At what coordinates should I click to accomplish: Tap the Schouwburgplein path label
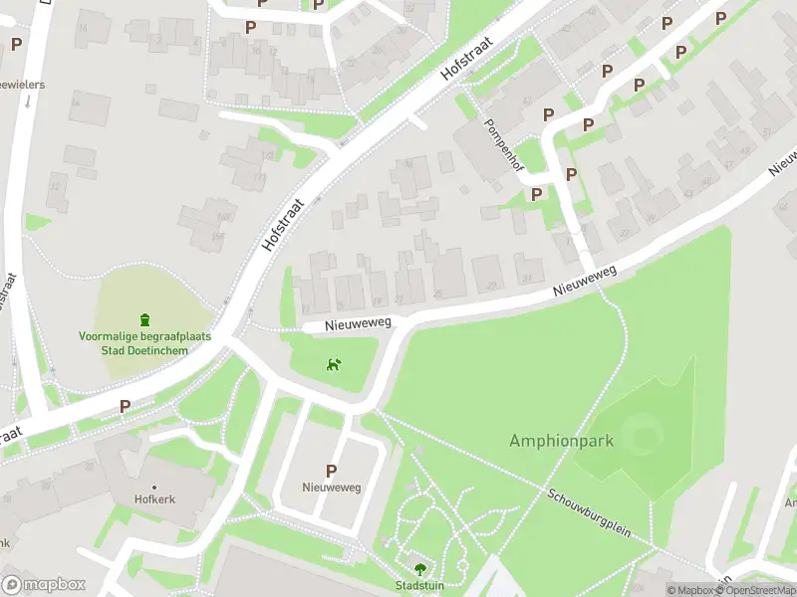589,512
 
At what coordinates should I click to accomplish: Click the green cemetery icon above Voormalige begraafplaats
145,319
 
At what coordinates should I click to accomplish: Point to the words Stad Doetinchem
144,350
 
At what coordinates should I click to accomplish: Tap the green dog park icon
335,364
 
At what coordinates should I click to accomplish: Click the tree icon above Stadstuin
418,570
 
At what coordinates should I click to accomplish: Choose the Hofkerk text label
154,499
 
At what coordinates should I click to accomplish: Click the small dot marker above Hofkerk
154,487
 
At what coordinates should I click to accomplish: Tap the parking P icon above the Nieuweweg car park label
331,471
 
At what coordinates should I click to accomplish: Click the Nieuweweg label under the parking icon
331,488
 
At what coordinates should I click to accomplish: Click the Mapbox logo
43,585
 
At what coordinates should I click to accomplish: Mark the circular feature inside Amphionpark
646,436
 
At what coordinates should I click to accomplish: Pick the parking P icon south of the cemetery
126,406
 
